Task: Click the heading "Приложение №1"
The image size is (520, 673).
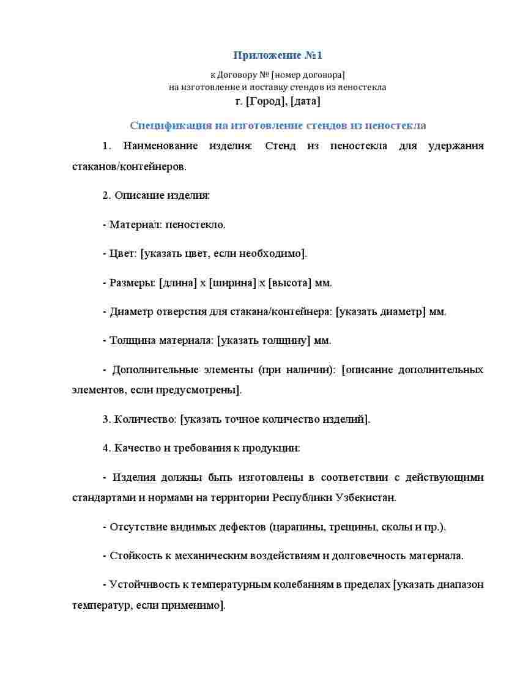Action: [277, 56]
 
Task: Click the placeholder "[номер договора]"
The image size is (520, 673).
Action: [308, 75]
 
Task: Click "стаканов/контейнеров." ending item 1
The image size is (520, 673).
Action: [129, 166]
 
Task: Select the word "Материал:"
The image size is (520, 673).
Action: [132, 225]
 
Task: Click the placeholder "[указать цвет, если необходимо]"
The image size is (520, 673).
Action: [223, 253]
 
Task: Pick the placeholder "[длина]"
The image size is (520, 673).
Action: [177, 283]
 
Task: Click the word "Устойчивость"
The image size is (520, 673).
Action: [144, 584]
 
